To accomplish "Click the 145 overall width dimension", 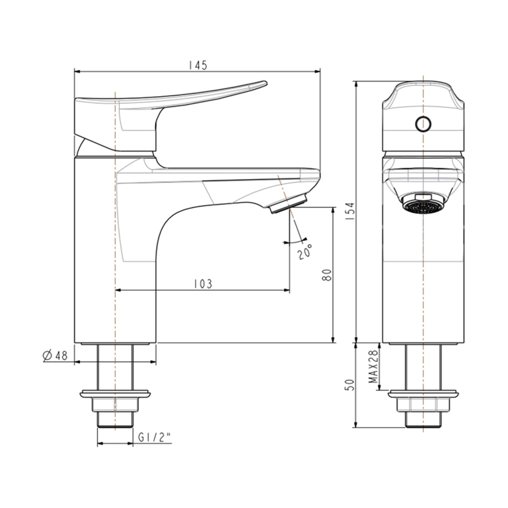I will [x=198, y=65].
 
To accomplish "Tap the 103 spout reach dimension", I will [x=204, y=284].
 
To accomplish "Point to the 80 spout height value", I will [x=327, y=275].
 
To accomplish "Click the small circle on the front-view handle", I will [x=423, y=123].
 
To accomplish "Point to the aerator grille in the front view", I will [x=423, y=207].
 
